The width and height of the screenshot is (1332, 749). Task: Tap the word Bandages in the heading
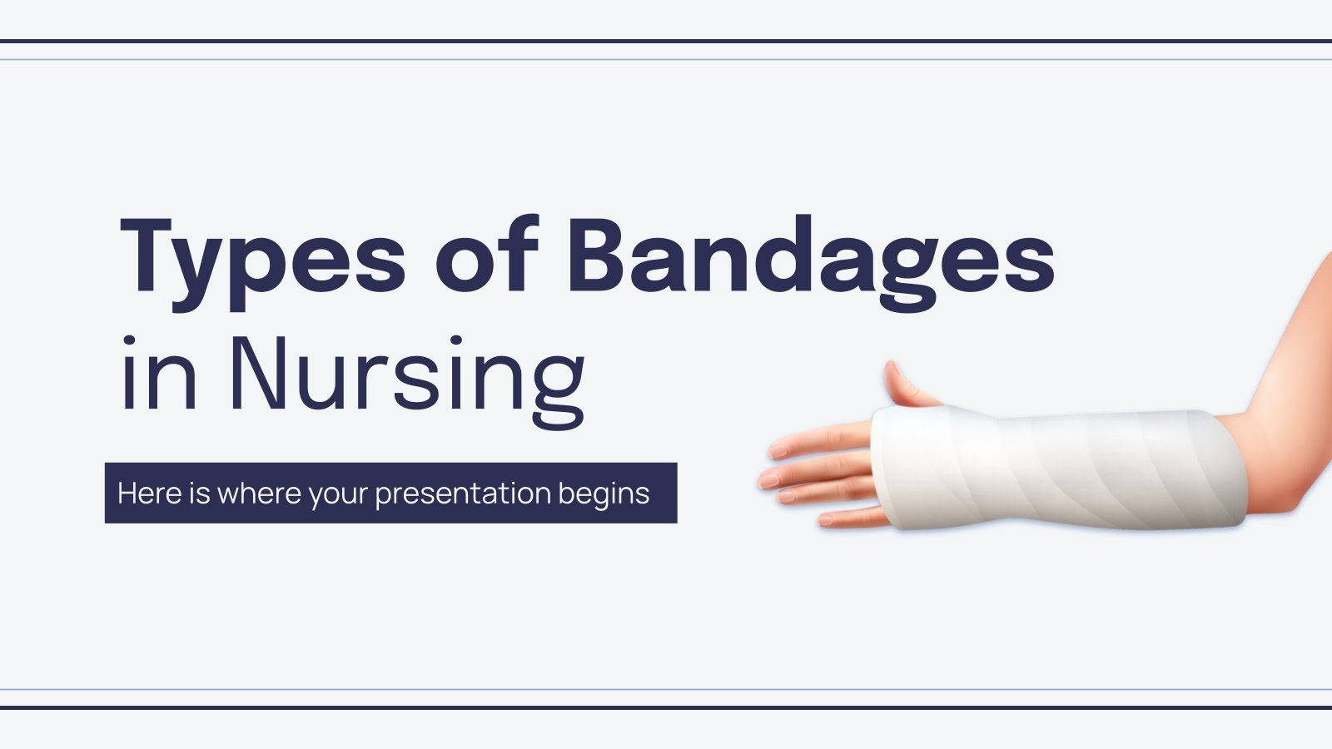point(812,258)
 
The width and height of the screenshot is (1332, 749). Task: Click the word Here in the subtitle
point(150,494)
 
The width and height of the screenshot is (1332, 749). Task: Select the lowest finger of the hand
point(849,519)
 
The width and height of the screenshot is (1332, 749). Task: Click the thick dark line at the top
point(666,40)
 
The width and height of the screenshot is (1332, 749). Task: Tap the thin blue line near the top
point(666,59)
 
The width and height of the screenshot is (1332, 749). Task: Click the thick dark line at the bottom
point(666,707)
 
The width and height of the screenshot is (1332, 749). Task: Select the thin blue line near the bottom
point(666,689)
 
